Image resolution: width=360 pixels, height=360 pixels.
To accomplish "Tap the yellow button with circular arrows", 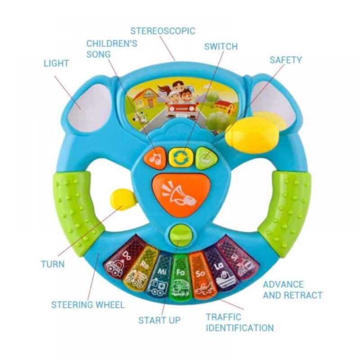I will [x=180, y=157].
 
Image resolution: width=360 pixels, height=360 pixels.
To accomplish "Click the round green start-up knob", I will [x=180, y=235].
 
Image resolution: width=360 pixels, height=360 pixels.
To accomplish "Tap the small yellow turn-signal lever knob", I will [x=123, y=198].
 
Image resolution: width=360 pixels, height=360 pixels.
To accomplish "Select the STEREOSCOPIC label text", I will [x=163, y=31].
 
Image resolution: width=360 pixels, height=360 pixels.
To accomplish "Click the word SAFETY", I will [x=286, y=59].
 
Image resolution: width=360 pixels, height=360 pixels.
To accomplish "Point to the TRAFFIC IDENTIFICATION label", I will [x=239, y=323].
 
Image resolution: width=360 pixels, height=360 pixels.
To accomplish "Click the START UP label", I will [x=159, y=320].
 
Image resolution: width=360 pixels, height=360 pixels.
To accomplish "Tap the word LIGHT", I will [x=56, y=63].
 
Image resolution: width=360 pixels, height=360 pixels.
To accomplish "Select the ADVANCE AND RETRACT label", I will [x=292, y=290].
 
